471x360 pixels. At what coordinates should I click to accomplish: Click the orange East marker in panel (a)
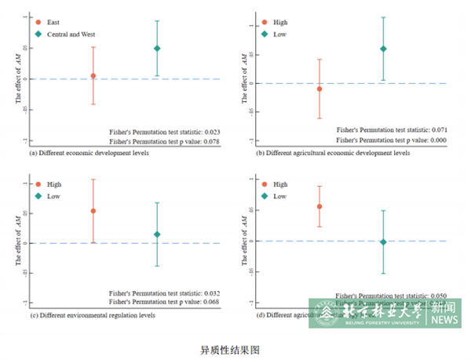93,76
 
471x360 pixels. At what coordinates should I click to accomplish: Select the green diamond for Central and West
157,49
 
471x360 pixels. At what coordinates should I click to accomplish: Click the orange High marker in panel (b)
319,89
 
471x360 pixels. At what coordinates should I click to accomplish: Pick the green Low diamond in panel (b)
383,49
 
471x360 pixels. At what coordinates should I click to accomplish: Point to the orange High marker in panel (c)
93,211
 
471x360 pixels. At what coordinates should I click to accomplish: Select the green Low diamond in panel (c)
157,235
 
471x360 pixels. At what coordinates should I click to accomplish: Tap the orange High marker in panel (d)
319,207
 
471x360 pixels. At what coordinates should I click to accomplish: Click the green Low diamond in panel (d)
383,242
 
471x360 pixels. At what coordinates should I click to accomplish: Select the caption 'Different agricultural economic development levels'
338,154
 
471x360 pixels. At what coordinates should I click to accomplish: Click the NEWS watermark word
444,320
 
